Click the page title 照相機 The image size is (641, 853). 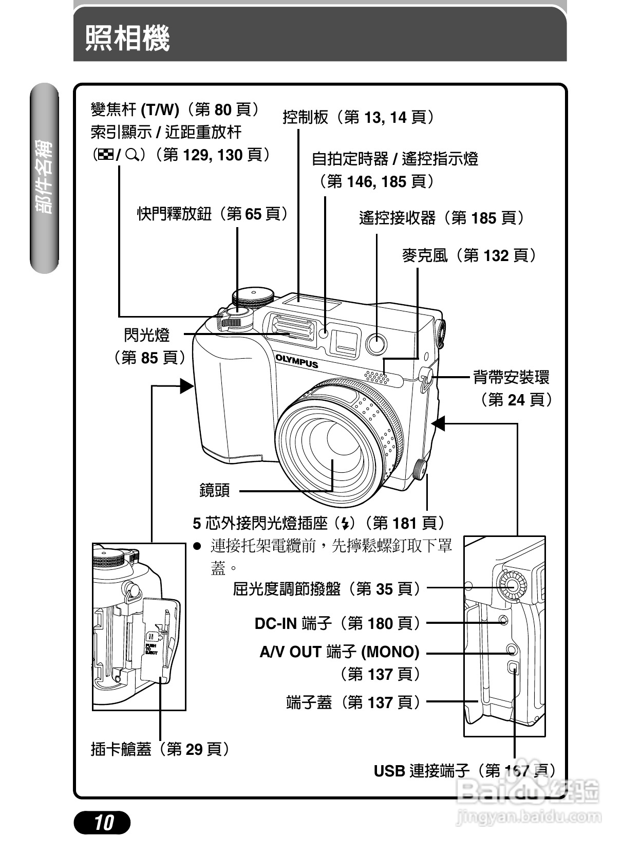click(x=127, y=38)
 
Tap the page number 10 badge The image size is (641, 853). click(x=103, y=823)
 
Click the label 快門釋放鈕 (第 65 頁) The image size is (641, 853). click(x=212, y=214)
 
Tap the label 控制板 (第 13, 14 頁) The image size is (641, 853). click(x=359, y=117)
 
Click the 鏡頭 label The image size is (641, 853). click(x=215, y=490)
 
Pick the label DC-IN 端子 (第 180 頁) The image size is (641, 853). click(x=337, y=623)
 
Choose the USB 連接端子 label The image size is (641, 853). click(x=464, y=770)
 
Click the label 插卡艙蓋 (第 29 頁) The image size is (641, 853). click(x=160, y=749)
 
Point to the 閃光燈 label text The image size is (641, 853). click(x=146, y=335)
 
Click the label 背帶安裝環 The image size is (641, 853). click(x=511, y=377)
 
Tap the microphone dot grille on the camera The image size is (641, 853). click(x=376, y=377)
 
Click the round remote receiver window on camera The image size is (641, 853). click(x=376, y=344)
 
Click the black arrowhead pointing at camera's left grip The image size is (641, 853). click(x=186, y=385)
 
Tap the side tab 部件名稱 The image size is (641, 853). click(x=44, y=177)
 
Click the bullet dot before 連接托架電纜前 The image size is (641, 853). click(x=196, y=546)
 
